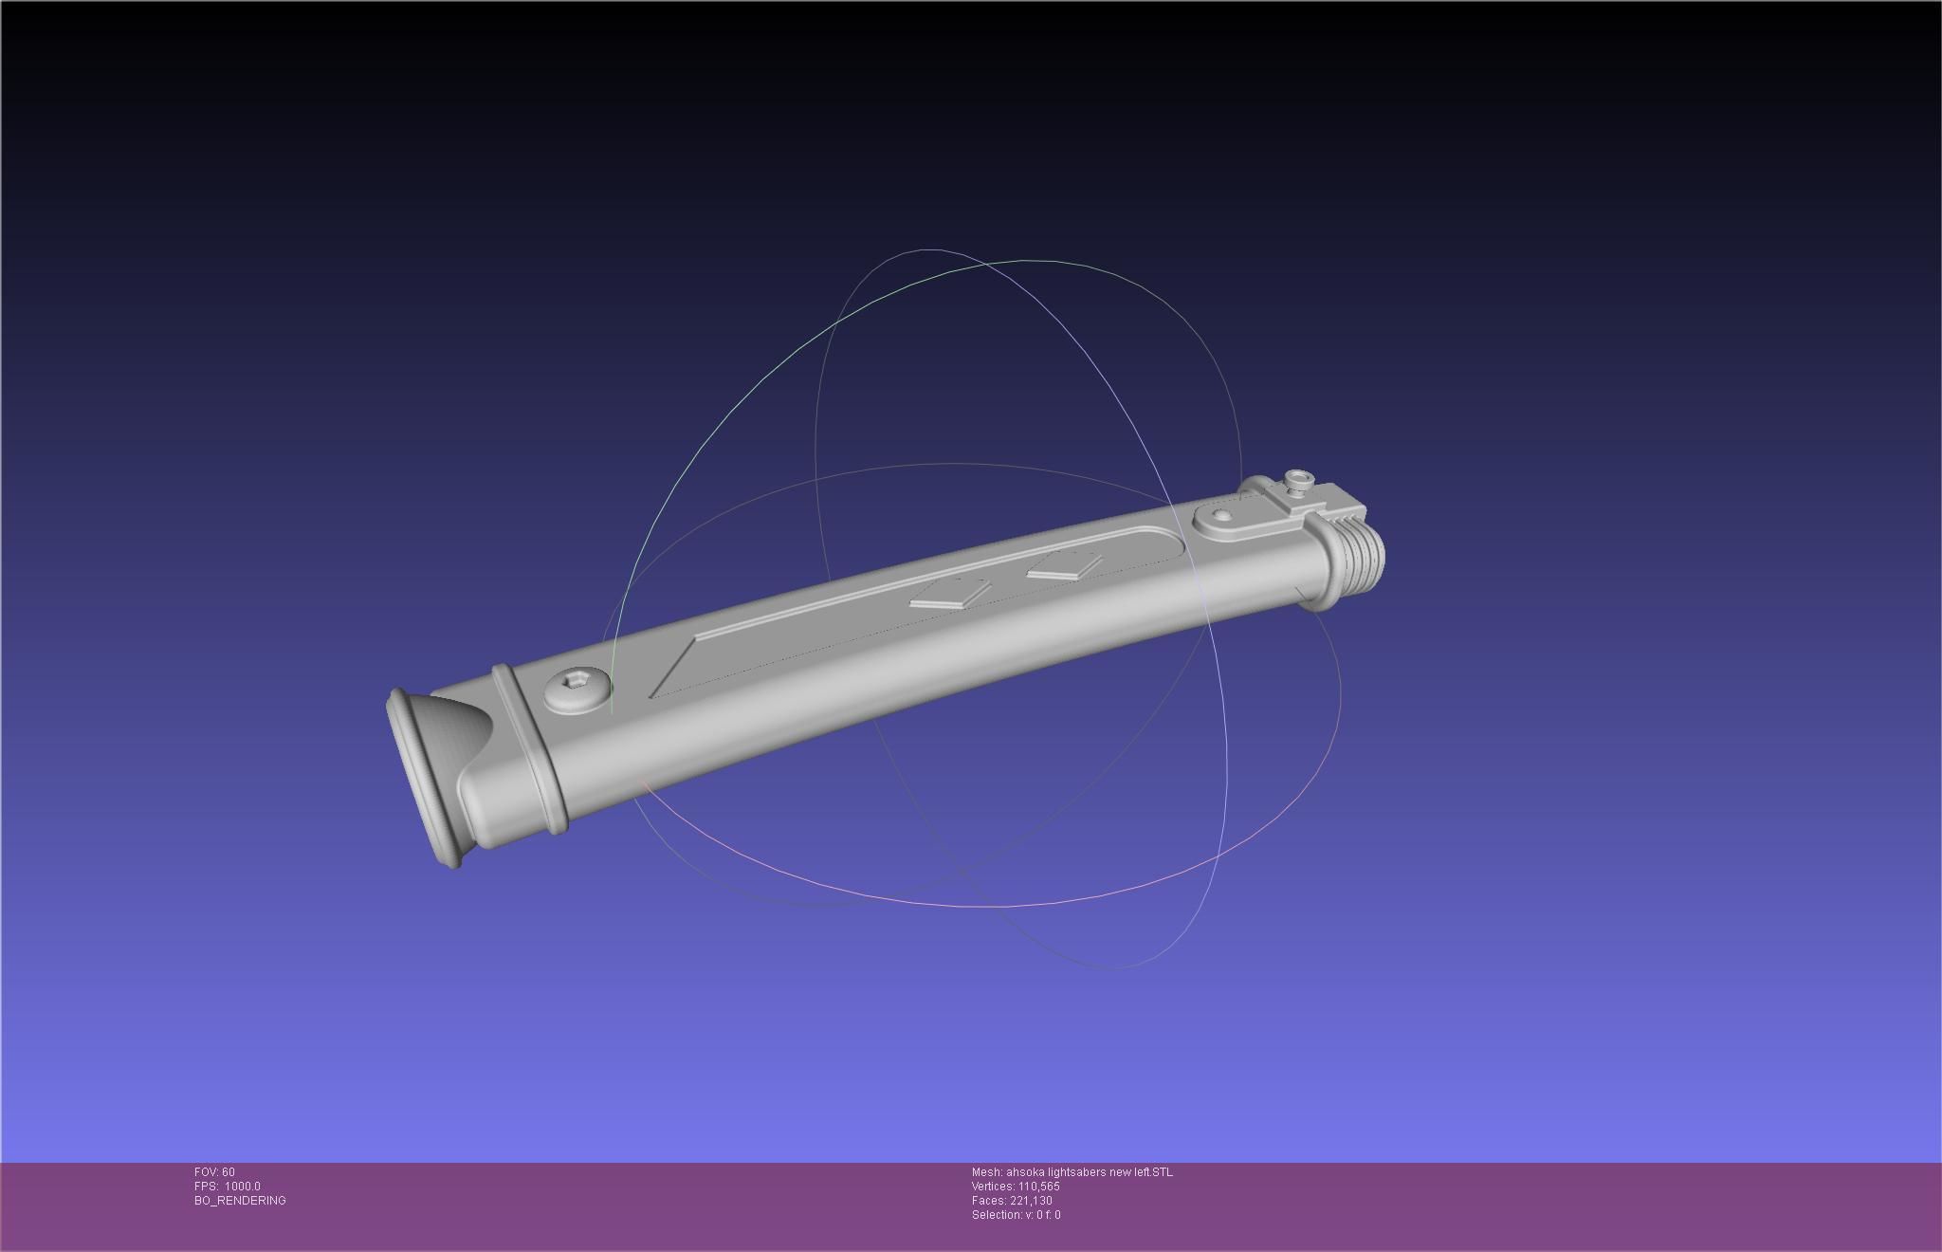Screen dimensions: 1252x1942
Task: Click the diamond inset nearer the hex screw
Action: tap(949, 594)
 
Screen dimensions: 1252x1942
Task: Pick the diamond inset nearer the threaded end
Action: tap(1063, 566)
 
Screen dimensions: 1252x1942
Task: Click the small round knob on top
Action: tap(1297, 480)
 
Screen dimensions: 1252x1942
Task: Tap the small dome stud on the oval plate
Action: tap(1223, 516)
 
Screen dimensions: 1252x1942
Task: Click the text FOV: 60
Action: tap(214, 1172)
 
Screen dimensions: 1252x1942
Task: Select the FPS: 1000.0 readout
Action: tap(228, 1187)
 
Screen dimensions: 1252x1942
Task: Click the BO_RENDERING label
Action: tap(240, 1201)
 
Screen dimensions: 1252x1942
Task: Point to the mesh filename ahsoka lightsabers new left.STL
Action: tap(1072, 1172)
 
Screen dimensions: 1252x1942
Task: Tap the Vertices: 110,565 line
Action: tap(1016, 1187)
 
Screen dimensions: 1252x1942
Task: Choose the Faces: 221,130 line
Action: tap(1012, 1201)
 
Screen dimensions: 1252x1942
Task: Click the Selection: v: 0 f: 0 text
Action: tap(1016, 1215)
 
